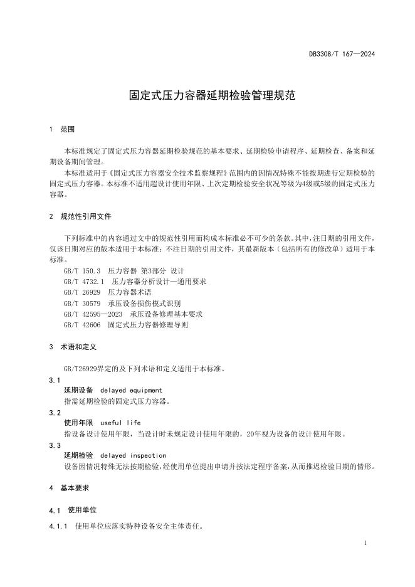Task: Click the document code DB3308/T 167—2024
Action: click(342, 54)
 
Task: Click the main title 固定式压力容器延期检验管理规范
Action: click(208, 96)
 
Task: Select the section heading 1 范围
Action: click(61, 129)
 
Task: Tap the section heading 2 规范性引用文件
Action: click(80, 216)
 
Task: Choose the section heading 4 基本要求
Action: click(69, 487)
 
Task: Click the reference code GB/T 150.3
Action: click(82, 270)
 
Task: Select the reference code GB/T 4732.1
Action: click(84, 281)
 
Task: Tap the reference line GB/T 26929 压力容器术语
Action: click(107, 292)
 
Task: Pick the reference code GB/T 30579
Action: click(81, 303)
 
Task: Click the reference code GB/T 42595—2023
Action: click(93, 314)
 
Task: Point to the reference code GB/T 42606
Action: click(81, 325)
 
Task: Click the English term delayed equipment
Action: click(131, 390)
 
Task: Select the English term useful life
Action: click(120, 423)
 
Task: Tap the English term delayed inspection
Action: click(133, 455)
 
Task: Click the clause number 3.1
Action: click(55, 379)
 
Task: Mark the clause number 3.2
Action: click(55, 412)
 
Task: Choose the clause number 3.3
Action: click(55, 445)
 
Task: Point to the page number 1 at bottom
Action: click(365, 543)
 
